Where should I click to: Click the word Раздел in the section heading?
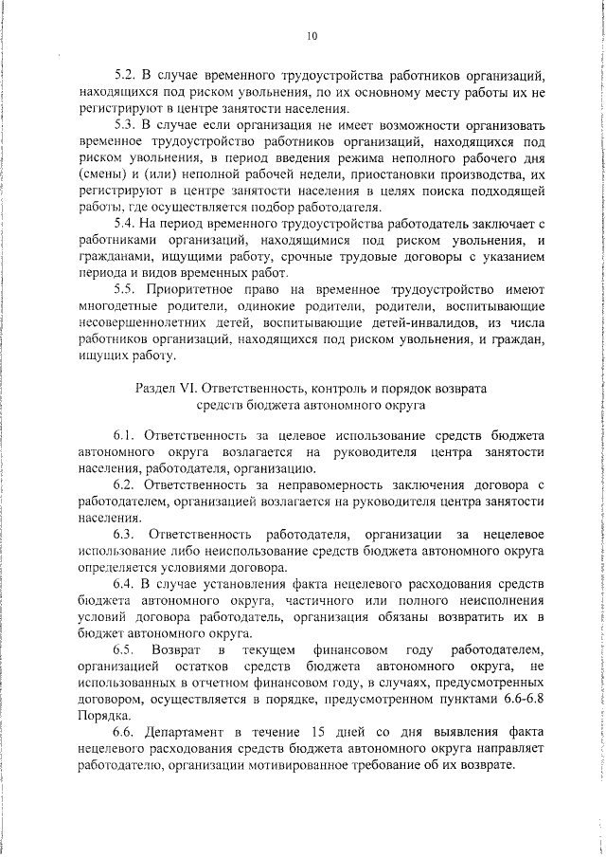click(157, 389)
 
